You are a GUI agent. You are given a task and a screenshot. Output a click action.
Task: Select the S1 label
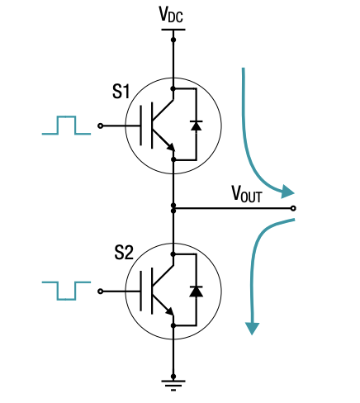coord(121,92)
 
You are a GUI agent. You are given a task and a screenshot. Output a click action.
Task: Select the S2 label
coord(123,252)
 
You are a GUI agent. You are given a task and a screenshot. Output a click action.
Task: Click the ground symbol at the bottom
coord(173,382)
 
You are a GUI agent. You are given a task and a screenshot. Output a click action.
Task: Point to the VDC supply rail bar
coord(173,30)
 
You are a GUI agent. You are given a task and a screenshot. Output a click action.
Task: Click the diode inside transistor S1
coord(196,125)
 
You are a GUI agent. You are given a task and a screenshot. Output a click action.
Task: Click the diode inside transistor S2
coord(196,291)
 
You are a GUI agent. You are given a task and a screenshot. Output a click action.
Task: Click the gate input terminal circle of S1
coord(101,126)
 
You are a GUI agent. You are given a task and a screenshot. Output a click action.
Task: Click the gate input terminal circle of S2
coord(101,291)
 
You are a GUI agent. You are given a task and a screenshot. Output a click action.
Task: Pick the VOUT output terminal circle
coord(295,207)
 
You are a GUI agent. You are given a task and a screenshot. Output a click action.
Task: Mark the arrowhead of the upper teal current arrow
coord(287,192)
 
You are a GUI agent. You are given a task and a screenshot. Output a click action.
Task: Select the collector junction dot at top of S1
coord(173,88)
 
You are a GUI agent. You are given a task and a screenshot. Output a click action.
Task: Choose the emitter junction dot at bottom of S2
coord(173,327)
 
